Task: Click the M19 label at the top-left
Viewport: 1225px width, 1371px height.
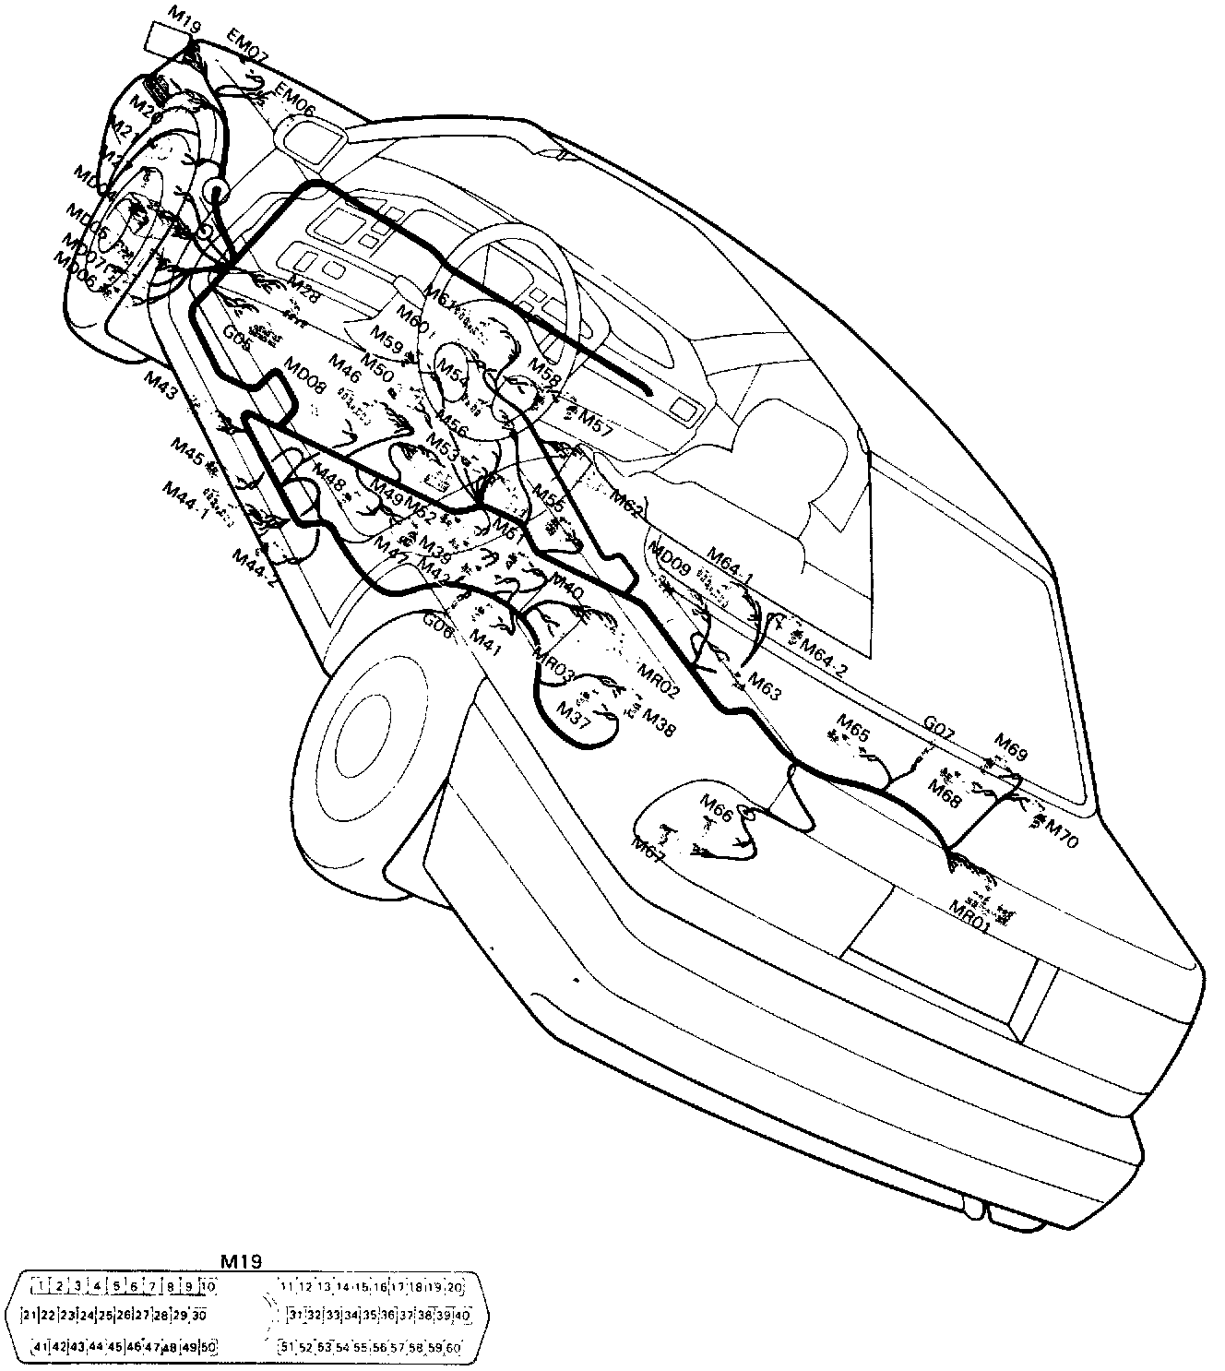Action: [x=185, y=11]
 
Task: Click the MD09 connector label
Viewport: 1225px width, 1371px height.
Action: [x=668, y=557]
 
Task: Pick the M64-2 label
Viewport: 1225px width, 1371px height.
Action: [x=823, y=656]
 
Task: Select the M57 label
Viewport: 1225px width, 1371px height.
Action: [x=596, y=421]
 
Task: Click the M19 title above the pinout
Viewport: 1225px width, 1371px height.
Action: [x=242, y=1260]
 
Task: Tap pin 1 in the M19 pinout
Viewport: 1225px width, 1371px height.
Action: [x=40, y=1286]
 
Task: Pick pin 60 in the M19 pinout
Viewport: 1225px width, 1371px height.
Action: [x=453, y=1348]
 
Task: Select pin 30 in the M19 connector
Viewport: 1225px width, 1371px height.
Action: [x=200, y=1316]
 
